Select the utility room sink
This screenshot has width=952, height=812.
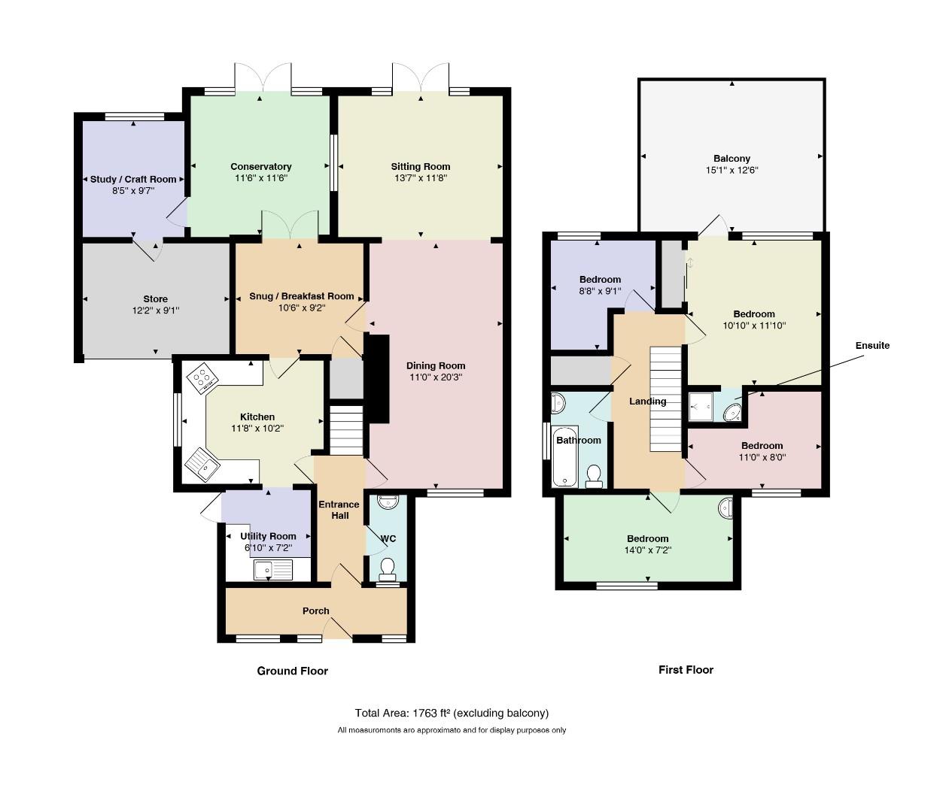click(x=272, y=570)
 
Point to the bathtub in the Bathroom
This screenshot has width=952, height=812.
click(x=564, y=457)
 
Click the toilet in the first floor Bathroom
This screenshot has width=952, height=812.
click(x=594, y=477)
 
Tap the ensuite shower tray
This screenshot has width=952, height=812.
click(x=701, y=407)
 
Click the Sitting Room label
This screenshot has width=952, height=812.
click(x=420, y=167)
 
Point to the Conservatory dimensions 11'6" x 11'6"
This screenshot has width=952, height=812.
click(x=261, y=178)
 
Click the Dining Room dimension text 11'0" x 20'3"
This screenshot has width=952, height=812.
click(x=436, y=377)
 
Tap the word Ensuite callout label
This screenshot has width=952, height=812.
click(x=872, y=346)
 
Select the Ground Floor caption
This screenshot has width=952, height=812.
click(x=293, y=671)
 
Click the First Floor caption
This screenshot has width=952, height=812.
click(x=686, y=670)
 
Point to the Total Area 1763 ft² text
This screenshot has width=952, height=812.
click(x=452, y=713)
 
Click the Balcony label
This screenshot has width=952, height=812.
click(x=731, y=159)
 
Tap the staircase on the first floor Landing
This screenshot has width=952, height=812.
click(x=665, y=399)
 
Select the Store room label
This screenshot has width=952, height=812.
click(x=155, y=299)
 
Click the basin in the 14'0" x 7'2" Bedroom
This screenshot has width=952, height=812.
click(x=726, y=508)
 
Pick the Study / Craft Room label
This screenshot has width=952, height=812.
click(x=133, y=180)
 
